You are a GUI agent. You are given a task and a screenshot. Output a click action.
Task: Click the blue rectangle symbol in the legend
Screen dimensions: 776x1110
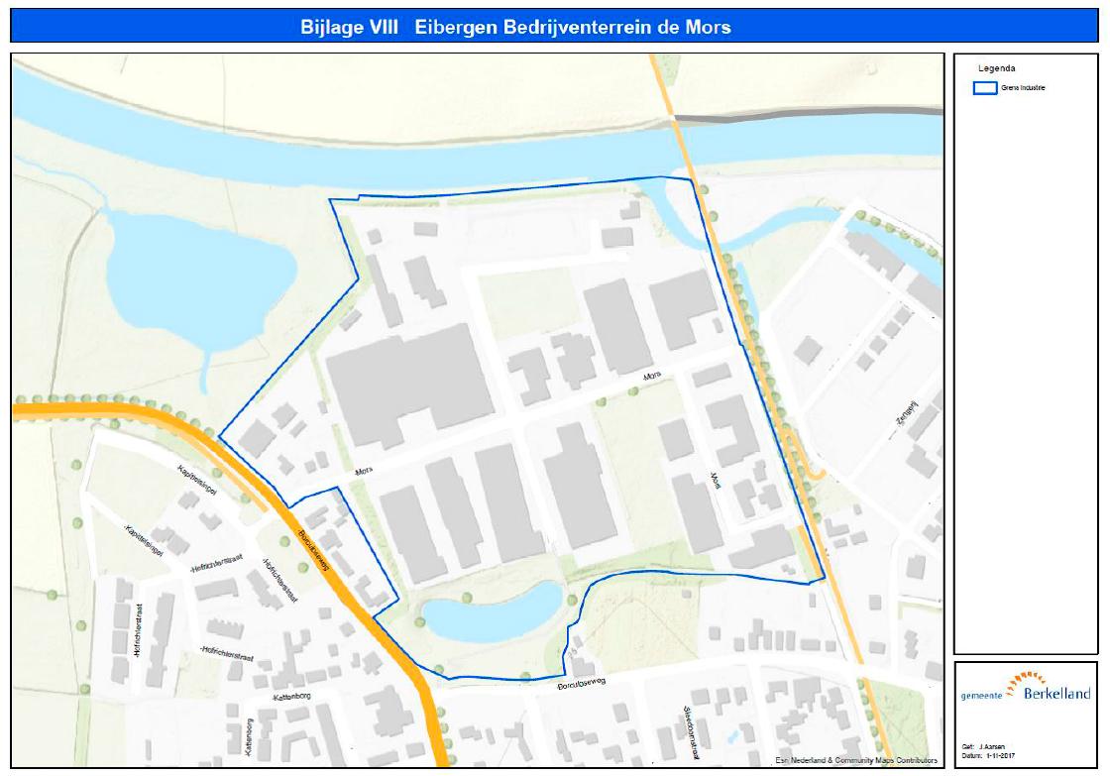pyautogui.click(x=985, y=88)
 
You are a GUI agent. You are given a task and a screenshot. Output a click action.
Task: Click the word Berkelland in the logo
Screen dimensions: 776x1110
pyautogui.click(x=1058, y=694)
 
